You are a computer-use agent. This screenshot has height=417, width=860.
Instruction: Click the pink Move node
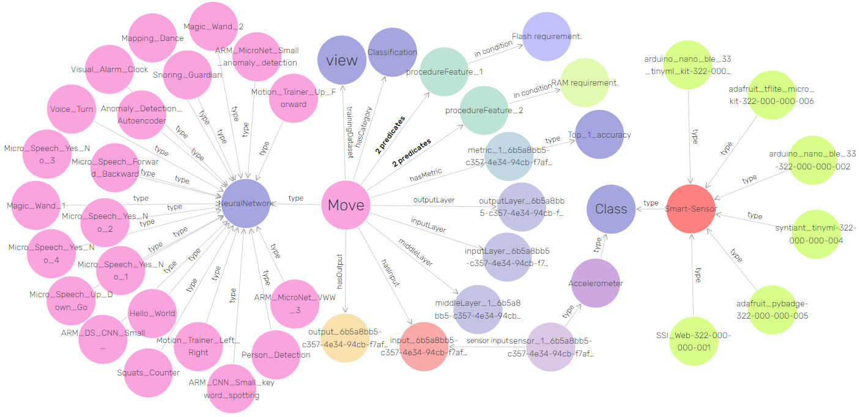point(346,205)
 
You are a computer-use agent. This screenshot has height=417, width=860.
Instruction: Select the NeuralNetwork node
point(245,203)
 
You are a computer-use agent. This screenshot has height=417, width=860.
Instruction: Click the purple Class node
point(611,209)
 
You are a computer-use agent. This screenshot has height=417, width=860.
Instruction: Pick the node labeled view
point(342,60)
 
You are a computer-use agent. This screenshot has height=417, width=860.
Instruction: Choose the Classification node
point(392,53)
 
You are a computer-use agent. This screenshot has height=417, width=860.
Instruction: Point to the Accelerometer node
point(595,283)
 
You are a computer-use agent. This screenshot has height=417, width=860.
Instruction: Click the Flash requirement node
point(546,37)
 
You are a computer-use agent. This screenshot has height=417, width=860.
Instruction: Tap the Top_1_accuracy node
point(599,135)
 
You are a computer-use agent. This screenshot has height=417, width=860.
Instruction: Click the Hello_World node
point(152,313)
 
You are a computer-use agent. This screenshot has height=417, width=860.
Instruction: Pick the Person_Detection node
point(276,355)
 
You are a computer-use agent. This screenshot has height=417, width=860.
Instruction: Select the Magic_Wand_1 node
point(36,205)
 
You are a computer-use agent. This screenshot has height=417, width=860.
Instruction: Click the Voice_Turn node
point(72,109)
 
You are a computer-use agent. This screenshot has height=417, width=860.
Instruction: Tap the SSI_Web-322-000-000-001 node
point(692,341)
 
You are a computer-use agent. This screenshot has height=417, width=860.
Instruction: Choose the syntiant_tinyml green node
point(815,234)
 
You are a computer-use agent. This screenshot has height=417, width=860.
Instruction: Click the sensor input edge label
point(487,341)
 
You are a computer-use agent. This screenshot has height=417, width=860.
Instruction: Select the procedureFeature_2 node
point(484,110)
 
